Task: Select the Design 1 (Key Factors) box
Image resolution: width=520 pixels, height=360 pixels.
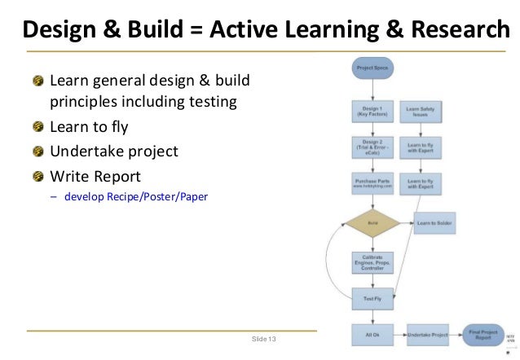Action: (372, 112)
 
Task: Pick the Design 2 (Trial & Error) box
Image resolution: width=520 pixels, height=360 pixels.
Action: (372, 148)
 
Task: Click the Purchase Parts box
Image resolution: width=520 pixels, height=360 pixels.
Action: (372, 186)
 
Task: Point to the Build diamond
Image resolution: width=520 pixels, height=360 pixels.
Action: (372, 222)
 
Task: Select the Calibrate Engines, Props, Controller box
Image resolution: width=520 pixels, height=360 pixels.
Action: (372, 262)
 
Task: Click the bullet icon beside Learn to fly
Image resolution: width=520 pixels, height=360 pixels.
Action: (39, 128)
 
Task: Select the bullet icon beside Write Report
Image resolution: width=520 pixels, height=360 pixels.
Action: (39, 176)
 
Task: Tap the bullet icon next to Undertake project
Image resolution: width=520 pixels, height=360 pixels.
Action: (39, 151)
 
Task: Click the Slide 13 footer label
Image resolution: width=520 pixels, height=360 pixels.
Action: (264, 337)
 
